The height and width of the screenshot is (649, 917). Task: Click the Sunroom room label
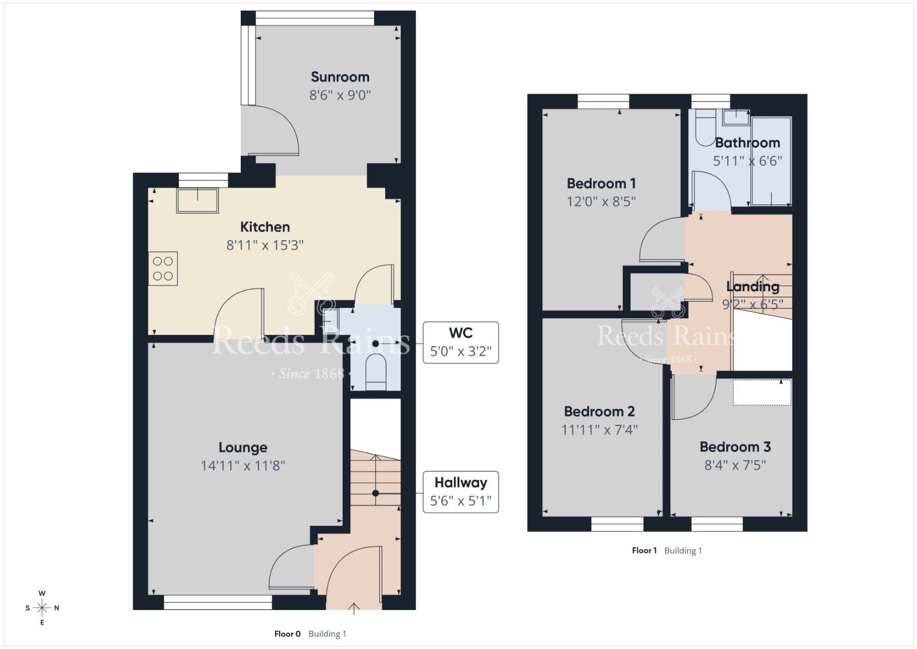tap(340, 77)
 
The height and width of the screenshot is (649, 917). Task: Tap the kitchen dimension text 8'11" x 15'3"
tap(265, 245)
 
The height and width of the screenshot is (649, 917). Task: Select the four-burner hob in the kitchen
tap(163, 269)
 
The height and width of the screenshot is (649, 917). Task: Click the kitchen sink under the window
tap(198, 201)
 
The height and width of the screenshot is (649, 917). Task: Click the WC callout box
tap(461, 342)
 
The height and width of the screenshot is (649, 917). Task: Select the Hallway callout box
tap(461, 492)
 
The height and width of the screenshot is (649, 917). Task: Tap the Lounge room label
tap(243, 448)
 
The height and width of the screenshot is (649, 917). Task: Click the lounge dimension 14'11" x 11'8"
tap(243, 466)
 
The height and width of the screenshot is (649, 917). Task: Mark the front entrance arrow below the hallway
tap(354, 609)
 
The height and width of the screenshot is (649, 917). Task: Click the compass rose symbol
tap(42, 608)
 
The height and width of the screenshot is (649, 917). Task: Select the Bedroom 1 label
tap(601, 183)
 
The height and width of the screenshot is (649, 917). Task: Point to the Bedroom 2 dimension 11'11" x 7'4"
tap(599, 429)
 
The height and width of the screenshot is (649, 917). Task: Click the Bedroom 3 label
tap(735, 447)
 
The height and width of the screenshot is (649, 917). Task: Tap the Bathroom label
tap(747, 143)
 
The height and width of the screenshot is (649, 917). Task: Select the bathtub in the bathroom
tap(771, 161)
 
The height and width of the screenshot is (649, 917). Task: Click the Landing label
tap(753, 286)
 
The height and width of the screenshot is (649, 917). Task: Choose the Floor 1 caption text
tap(644, 550)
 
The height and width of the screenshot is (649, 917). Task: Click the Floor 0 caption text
tap(287, 634)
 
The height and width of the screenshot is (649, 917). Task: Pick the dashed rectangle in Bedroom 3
tap(762, 393)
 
